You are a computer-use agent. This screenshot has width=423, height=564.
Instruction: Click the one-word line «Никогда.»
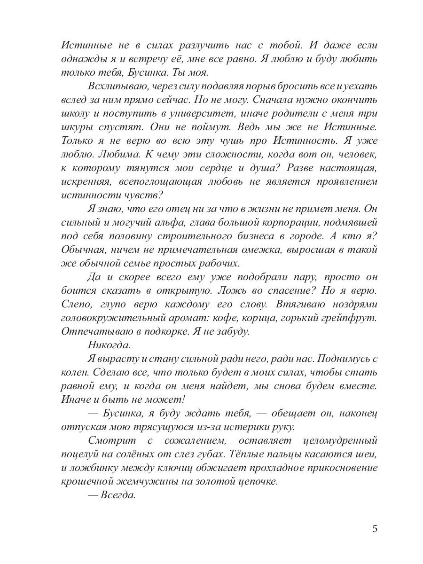pyautogui.click(x=109, y=345)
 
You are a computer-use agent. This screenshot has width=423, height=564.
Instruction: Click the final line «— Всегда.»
pyautogui.click(x=111, y=495)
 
